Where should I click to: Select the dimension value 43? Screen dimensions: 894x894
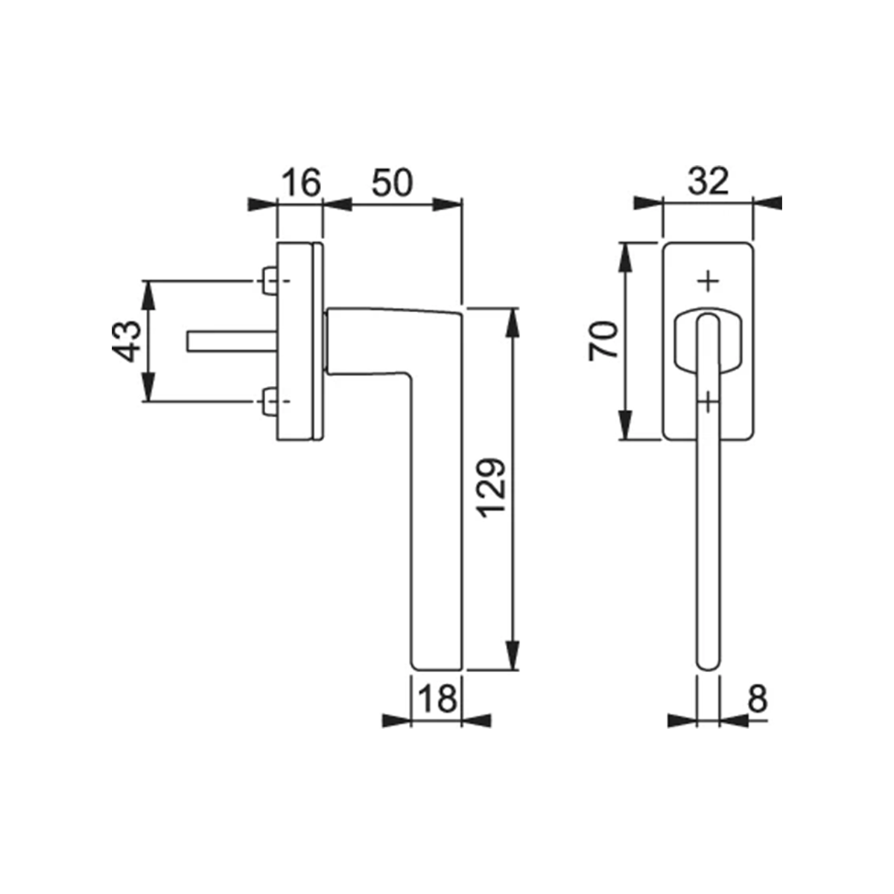[x=126, y=341]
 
